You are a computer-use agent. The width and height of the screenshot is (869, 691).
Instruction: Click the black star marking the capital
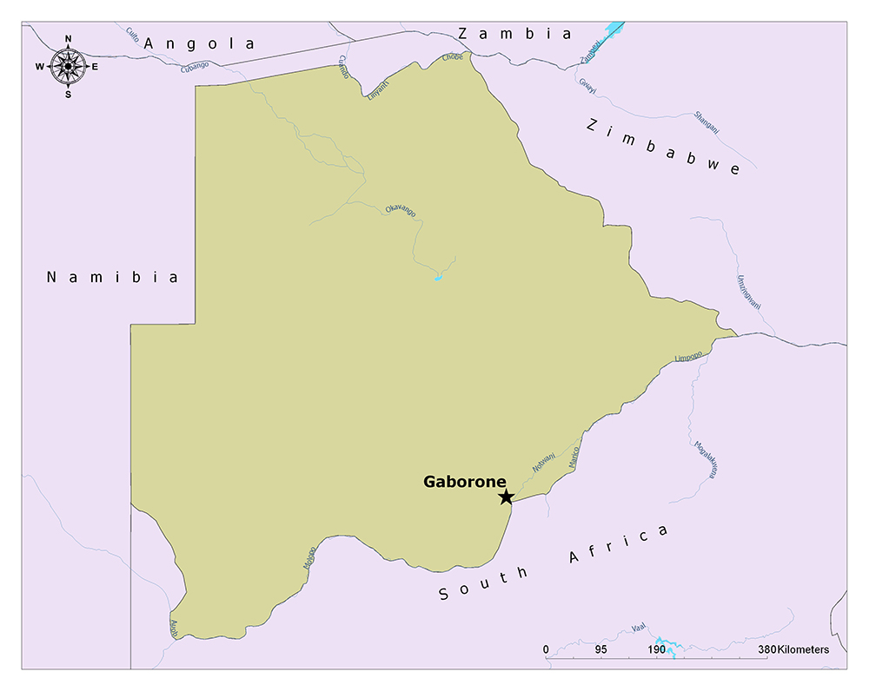pyautogui.click(x=506, y=497)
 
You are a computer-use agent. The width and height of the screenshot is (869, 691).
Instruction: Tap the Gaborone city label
pyautogui.click(x=465, y=481)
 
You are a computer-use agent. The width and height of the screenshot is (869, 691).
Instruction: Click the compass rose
pyautogui.click(x=68, y=65)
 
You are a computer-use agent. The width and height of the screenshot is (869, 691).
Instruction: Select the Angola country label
pyautogui.click(x=201, y=43)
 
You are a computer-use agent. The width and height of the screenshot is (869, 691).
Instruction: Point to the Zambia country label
pyautogui.click(x=515, y=34)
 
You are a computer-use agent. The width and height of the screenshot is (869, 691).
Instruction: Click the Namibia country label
pyautogui.click(x=113, y=277)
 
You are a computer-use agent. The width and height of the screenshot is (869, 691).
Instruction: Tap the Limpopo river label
pyautogui.click(x=687, y=357)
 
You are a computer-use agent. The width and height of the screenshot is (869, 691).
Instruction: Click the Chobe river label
pyautogui.click(x=453, y=57)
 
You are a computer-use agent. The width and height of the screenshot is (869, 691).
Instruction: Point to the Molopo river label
pyautogui.click(x=309, y=557)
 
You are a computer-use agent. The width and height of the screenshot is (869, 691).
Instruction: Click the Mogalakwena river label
pyautogui.click(x=705, y=459)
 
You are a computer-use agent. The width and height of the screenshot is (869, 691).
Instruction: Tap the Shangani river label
pyautogui.click(x=706, y=122)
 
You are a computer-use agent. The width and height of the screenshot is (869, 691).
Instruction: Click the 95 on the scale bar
pyautogui.click(x=600, y=649)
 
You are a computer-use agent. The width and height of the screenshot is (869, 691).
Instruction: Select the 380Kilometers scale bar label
pyautogui.click(x=793, y=649)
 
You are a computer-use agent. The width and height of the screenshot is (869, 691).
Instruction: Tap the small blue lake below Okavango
pyautogui.click(x=438, y=278)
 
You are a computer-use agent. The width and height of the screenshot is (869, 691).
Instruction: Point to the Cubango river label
pyautogui.click(x=195, y=66)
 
